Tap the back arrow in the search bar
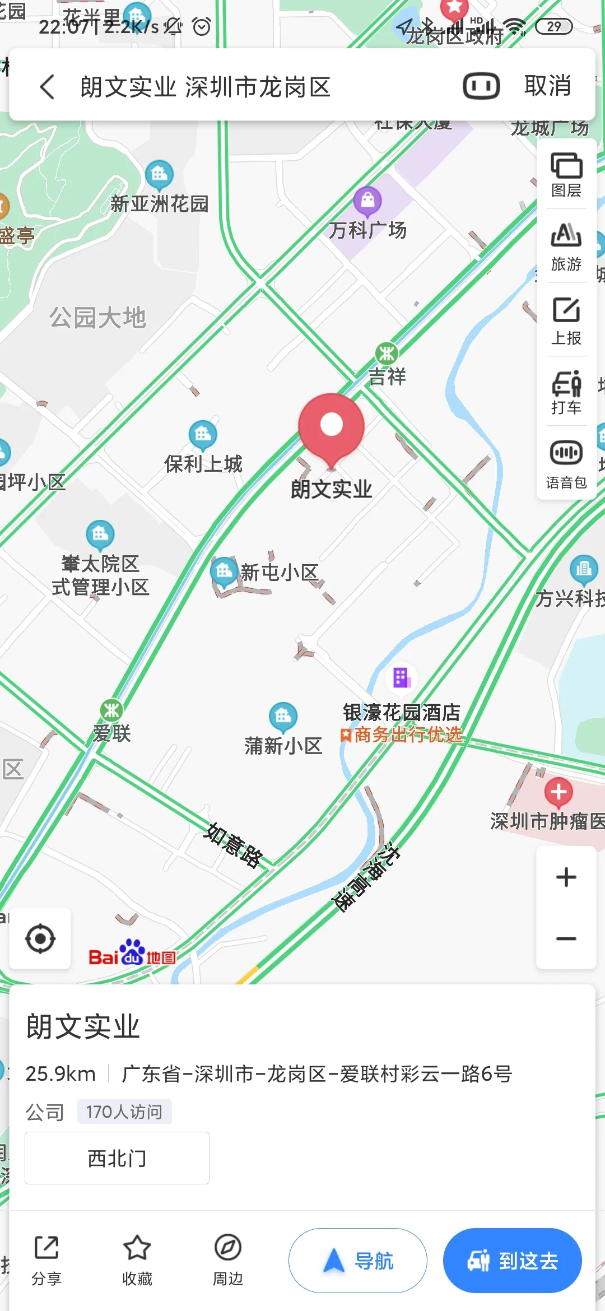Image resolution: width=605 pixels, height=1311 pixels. click(48, 87)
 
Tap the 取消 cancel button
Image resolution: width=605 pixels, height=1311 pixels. click(547, 86)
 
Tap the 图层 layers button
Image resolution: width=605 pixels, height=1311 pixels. click(566, 174)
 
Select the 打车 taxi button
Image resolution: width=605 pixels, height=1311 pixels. click(566, 392)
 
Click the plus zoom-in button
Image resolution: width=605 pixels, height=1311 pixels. click(566, 877)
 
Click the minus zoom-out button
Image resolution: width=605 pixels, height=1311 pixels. click(566, 938)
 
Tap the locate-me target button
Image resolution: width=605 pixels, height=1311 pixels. click(40, 938)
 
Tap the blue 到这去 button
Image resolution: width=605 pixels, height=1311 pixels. click(512, 1261)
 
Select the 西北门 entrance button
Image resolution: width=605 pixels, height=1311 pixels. click(117, 1158)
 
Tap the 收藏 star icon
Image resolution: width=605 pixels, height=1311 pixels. click(137, 1248)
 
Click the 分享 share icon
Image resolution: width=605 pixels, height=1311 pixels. click(46, 1248)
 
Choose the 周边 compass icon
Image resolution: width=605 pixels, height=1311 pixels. click(228, 1248)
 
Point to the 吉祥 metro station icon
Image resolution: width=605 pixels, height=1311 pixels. click(387, 354)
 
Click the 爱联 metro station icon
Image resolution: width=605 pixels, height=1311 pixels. click(111, 710)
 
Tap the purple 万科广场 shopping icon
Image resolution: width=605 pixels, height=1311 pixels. click(367, 200)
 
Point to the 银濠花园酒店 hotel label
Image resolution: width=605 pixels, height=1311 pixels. click(402, 713)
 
